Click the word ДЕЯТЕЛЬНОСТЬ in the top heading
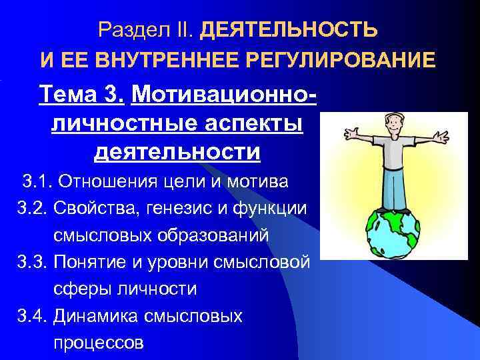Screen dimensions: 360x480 (x=289, y=30)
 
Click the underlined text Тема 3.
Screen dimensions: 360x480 (x=81, y=95)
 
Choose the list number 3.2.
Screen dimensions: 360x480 (x=32, y=209)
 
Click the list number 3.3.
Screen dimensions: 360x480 (x=32, y=262)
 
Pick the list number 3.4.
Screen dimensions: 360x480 (x=32, y=316)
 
